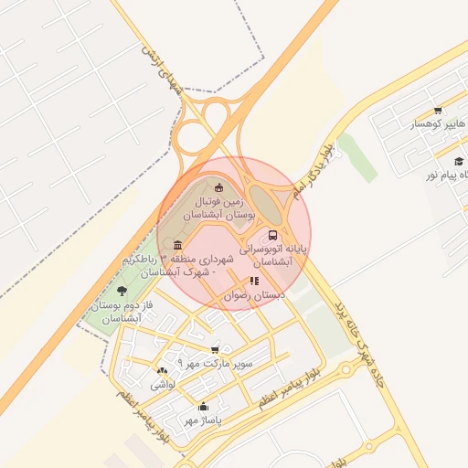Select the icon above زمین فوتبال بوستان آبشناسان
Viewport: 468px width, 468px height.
point(218,188)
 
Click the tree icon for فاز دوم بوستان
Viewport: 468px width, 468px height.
point(122,291)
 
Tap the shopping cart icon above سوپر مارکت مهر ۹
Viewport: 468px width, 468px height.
point(215,349)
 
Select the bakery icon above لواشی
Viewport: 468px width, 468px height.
point(163,371)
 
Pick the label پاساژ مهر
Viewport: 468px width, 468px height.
point(203,420)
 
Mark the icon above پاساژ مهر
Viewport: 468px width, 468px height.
point(203,407)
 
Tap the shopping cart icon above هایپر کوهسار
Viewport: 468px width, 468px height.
point(439,110)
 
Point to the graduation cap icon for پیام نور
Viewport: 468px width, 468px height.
point(458,162)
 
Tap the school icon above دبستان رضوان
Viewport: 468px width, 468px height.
point(254,282)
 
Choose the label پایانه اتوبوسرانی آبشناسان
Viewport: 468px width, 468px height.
point(274,254)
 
